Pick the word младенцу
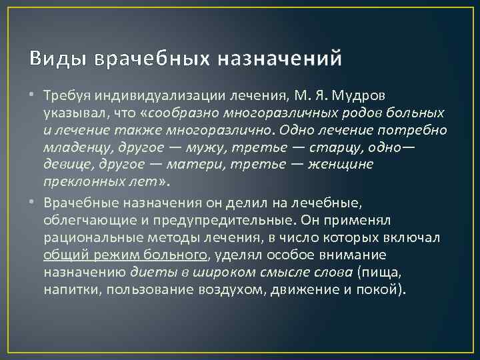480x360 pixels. click(x=73, y=146)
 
